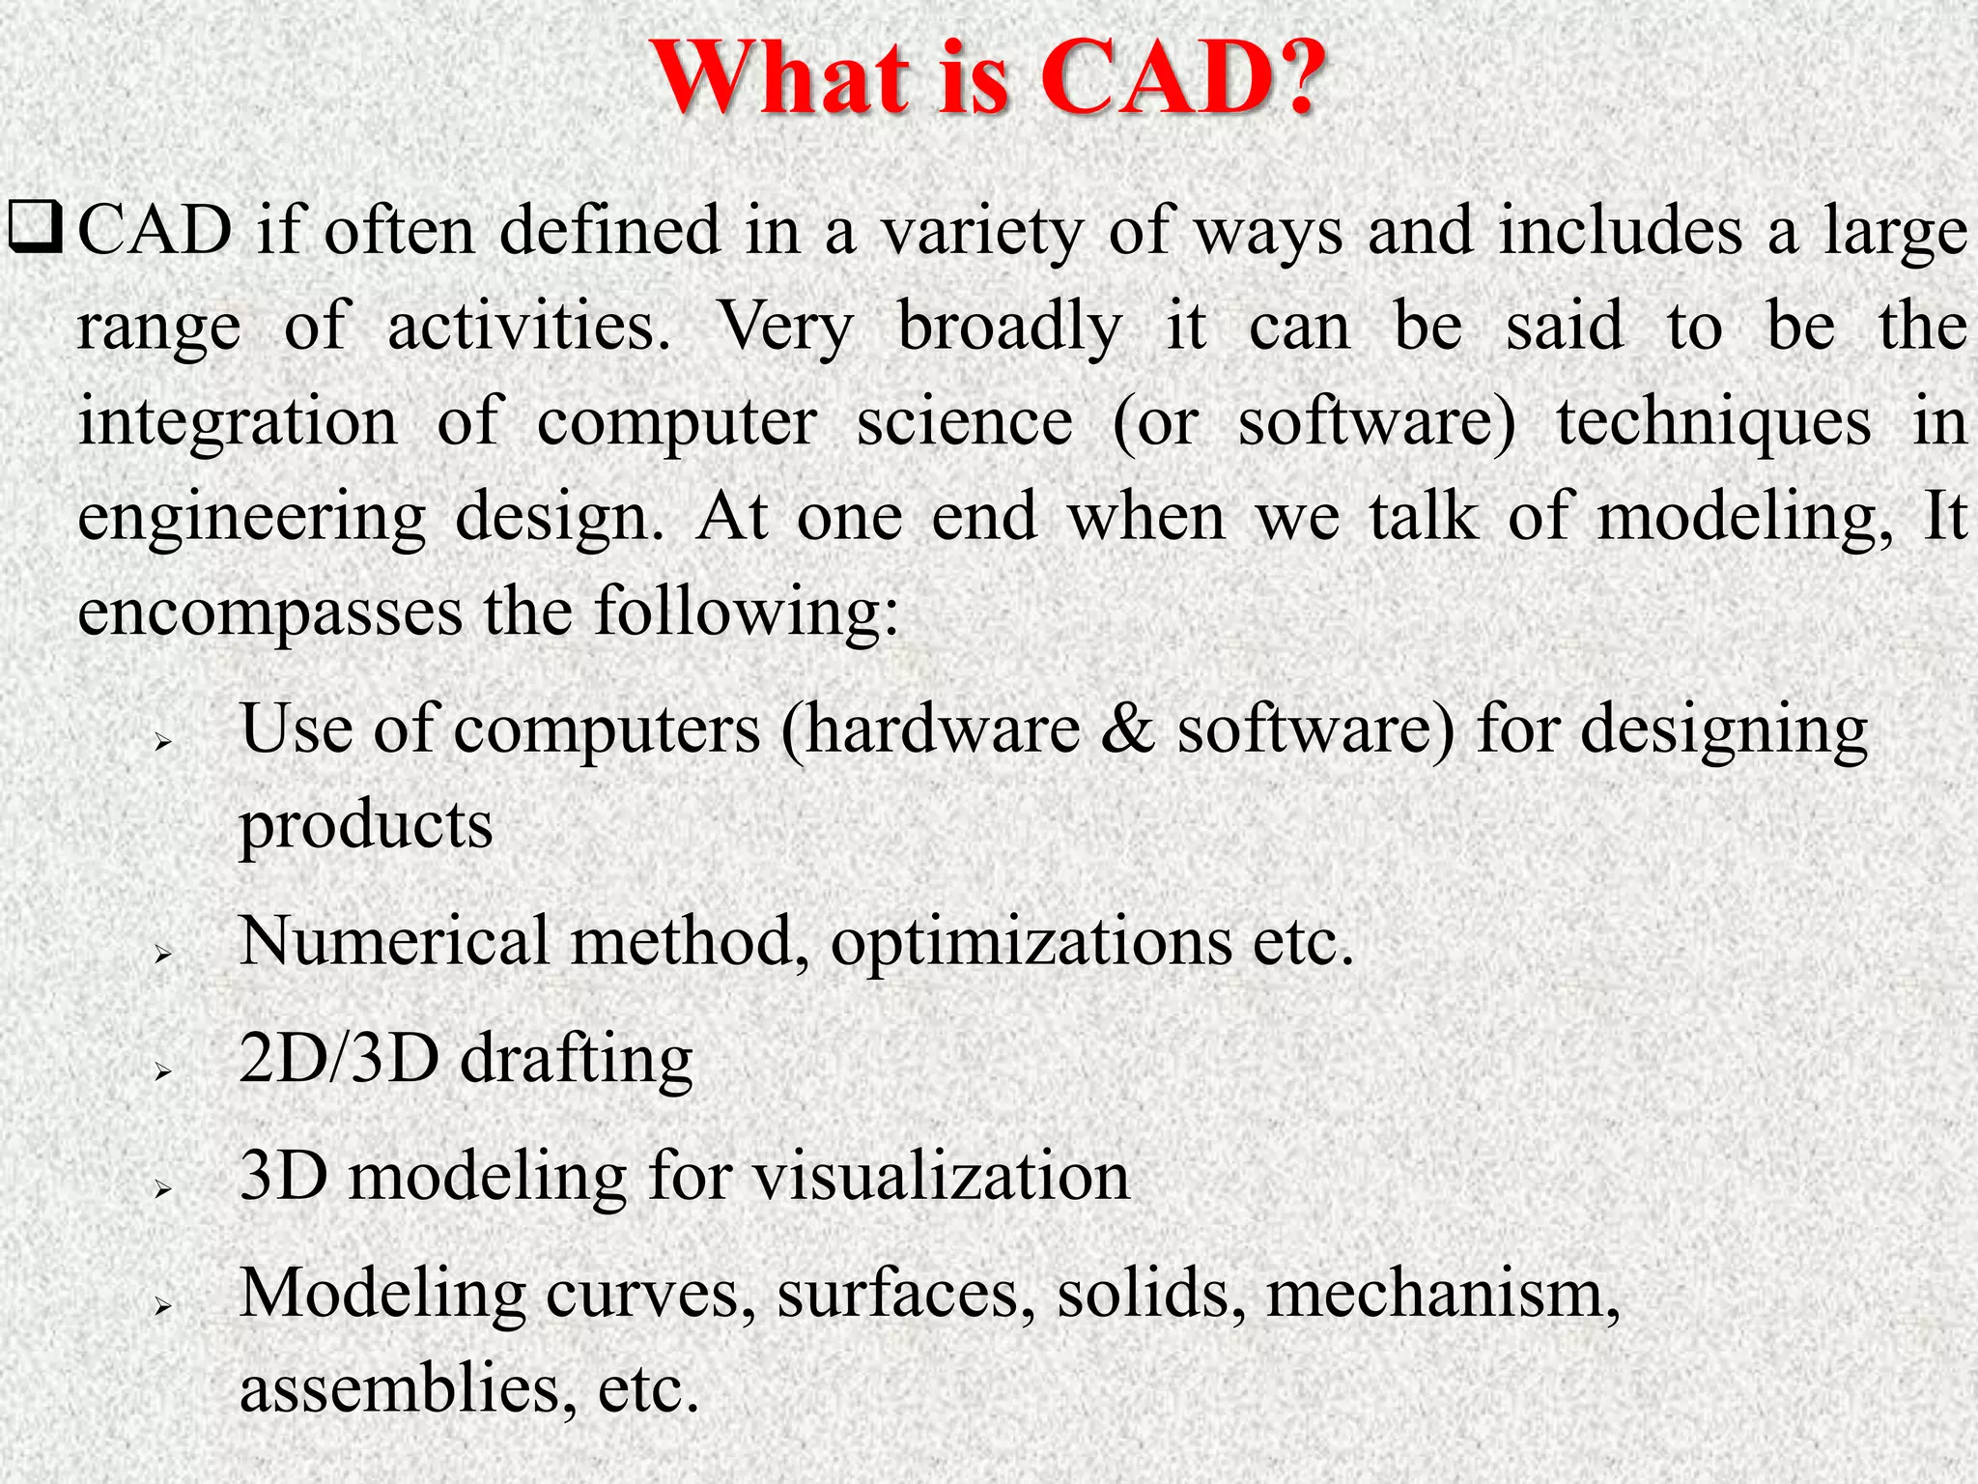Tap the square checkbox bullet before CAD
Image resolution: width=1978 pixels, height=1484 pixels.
point(36,233)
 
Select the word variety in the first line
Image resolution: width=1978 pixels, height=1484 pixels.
point(981,233)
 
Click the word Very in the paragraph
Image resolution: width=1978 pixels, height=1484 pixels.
point(784,328)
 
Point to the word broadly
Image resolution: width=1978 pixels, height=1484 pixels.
point(1009,328)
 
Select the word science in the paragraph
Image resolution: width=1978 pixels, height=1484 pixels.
point(964,422)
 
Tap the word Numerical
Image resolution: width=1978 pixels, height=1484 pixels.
point(394,941)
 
